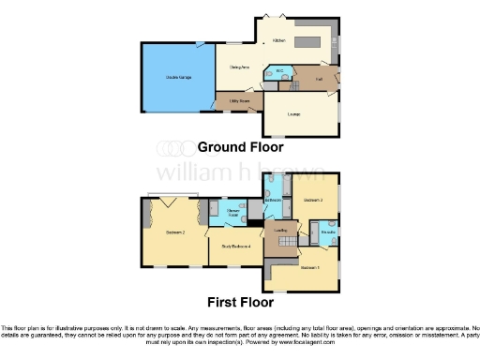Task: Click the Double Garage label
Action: pos(178,76)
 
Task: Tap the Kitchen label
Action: pos(278,41)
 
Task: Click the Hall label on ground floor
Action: pos(318,80)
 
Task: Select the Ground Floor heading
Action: pos(240,147)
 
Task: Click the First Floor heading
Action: pos(240,302)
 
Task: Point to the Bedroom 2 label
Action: pos(174,231)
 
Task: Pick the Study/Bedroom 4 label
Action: pos(235,246)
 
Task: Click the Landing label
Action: pos(278,229)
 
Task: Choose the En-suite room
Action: pos(328,231)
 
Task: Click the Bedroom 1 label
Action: pos(309,267)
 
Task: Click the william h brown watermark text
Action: pos(240,172)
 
